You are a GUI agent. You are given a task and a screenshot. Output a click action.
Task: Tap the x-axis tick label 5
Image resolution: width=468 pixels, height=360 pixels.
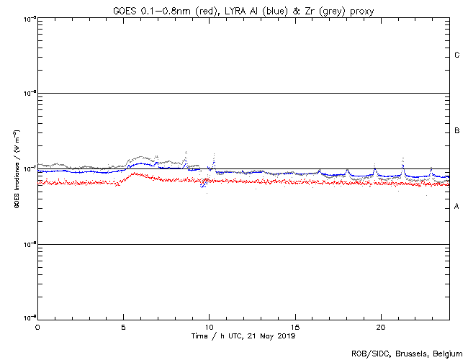click(x=123, y=326)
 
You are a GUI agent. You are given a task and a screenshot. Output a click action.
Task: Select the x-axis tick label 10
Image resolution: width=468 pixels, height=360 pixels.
click(x=209, y=326)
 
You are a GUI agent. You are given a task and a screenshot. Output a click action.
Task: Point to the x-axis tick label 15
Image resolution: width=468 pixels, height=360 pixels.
click(x=295, y=326)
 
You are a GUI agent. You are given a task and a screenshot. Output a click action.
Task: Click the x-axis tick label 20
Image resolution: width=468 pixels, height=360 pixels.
click(x=381, y=326)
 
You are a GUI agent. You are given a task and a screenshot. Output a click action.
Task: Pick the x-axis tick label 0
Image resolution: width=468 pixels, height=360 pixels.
click(x=37, y=326)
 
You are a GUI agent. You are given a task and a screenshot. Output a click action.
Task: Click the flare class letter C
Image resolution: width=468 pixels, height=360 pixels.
click(x=457, y=55)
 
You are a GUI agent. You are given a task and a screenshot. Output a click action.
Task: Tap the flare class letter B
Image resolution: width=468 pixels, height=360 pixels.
click(x=457, y=131)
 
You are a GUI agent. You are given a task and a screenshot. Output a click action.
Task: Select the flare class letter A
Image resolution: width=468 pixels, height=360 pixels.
click(x=457, y=207)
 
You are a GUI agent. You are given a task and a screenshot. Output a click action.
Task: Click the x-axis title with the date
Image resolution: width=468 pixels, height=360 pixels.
click(x=243, y=336)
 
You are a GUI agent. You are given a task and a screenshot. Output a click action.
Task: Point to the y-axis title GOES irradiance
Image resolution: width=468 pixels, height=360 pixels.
click(x=16, y=168)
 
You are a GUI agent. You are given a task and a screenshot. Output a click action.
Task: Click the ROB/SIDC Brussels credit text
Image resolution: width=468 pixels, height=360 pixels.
click(x=407, y=354)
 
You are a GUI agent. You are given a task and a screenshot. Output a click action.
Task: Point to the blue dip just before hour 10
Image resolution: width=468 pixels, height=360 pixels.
click(x=203, y=186)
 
